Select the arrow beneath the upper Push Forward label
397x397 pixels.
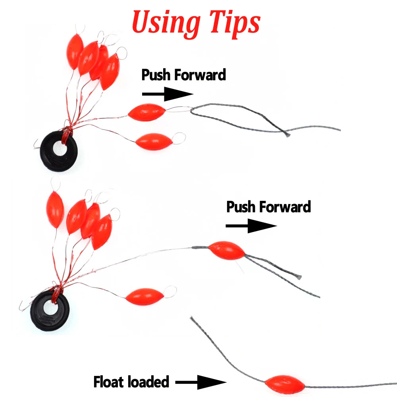pos(167,94)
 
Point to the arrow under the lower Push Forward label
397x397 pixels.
pos(251,226)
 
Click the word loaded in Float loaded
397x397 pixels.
pos(148,382)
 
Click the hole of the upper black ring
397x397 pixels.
pos(60,149)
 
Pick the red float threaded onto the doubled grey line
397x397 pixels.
pos(227,250)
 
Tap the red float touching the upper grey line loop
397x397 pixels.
pos(146,111)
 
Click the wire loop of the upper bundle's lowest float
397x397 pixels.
pos(179,138)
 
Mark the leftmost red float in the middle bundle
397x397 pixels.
pos(55,209)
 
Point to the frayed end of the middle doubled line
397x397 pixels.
pos(300,276)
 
